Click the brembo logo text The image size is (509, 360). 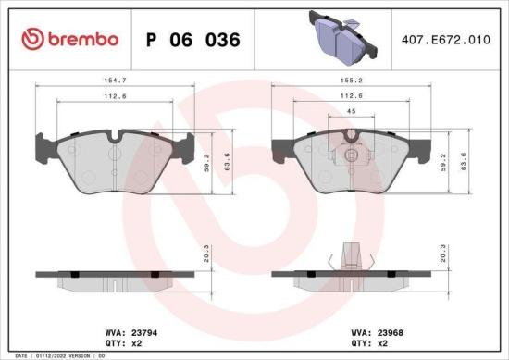tap(83, 40)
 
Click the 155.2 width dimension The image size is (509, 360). tap(348, 81)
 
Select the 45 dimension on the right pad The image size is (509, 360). tap(349, 112)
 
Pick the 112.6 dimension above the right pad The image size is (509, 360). tap(348, 97)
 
